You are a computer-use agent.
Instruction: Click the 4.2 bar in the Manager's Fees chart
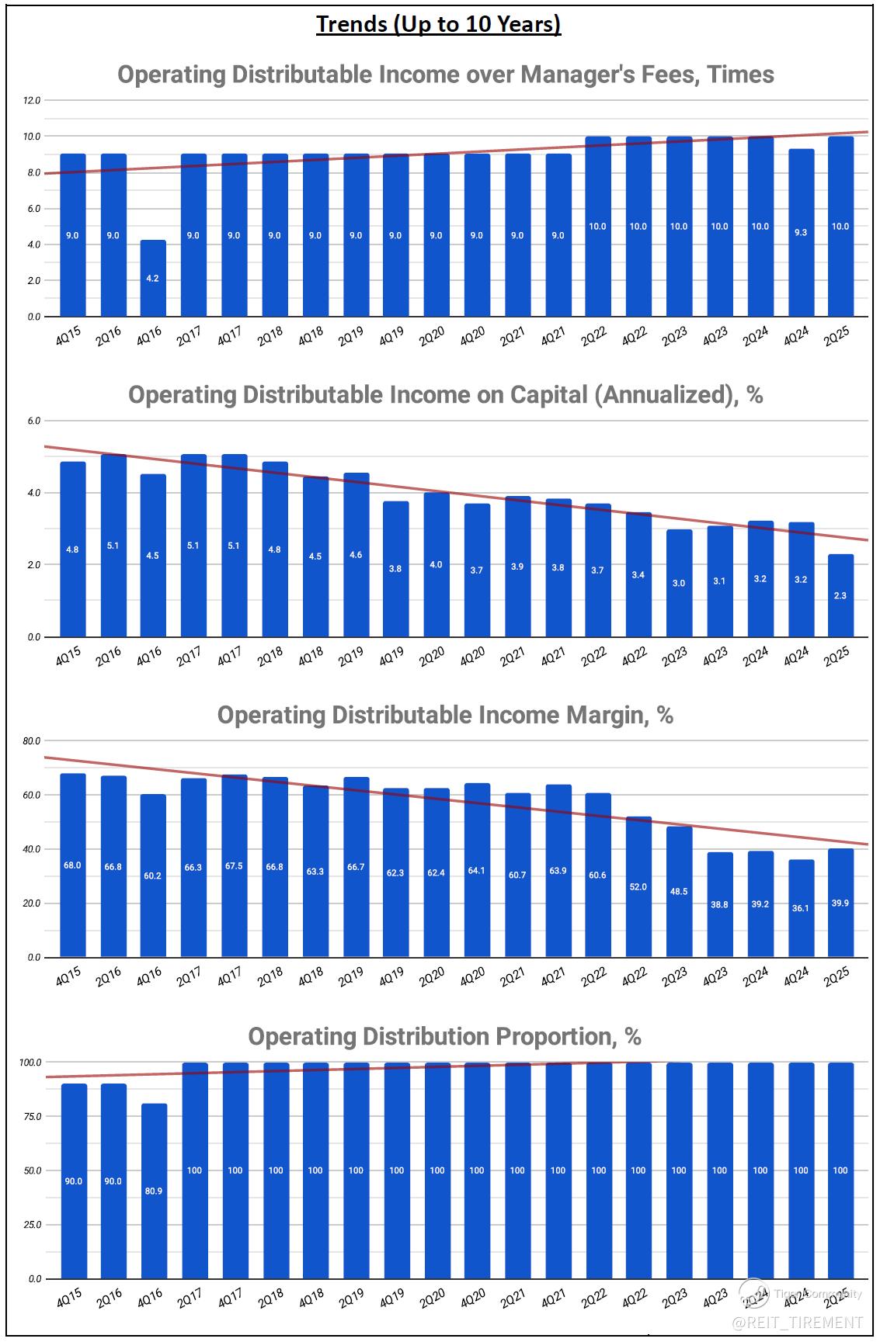pyautogui.click(x=153, y=278)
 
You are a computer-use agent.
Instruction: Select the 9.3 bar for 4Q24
pyautogui.click(x=801, y=233)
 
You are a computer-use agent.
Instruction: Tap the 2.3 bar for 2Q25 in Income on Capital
pyautogui.click(x=840, y=595)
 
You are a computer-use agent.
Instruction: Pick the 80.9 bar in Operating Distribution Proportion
pyautogui.click(x=154, y=1191)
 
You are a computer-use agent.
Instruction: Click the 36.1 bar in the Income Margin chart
pyautogui.click(x=801, y=907)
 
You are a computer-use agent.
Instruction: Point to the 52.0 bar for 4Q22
pyautogui.click(x=638, y=886)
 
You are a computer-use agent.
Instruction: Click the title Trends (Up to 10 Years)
pyautogui.click(x=439, y=24)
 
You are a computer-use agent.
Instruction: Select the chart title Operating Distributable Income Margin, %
pyautogui.click(x=445, y=715)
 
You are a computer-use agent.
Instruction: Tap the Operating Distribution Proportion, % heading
pyautogui.click(x=444, y=1036)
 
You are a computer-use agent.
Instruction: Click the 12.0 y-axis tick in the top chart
pyautogui.click(x=32, y=100)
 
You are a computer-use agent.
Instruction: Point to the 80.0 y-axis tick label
pyautogui.click(x=32, y=741)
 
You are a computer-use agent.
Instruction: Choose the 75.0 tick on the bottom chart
pyautogui.click(x=32, y=1116)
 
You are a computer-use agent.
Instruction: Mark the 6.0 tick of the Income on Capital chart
pyautogui.click(x=33, y=421)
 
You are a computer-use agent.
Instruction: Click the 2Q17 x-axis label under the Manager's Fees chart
pyautogui.click(x=189, y=336)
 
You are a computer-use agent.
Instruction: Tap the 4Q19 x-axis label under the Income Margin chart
pyautogui.click(x=391, y=977)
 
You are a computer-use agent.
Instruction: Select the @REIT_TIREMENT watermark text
pyautogui.click(x=798, y=1322)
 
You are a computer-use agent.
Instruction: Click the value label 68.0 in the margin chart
pyautogui.click(x=72, y=865)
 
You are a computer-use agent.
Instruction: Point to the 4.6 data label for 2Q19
pyautogui.click(x=356, y=555)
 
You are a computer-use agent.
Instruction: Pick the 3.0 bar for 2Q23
pyautogui.click(x=679, y=583)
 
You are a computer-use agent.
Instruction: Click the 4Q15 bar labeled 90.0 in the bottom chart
pyautogui.click(x=73, y=1181)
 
